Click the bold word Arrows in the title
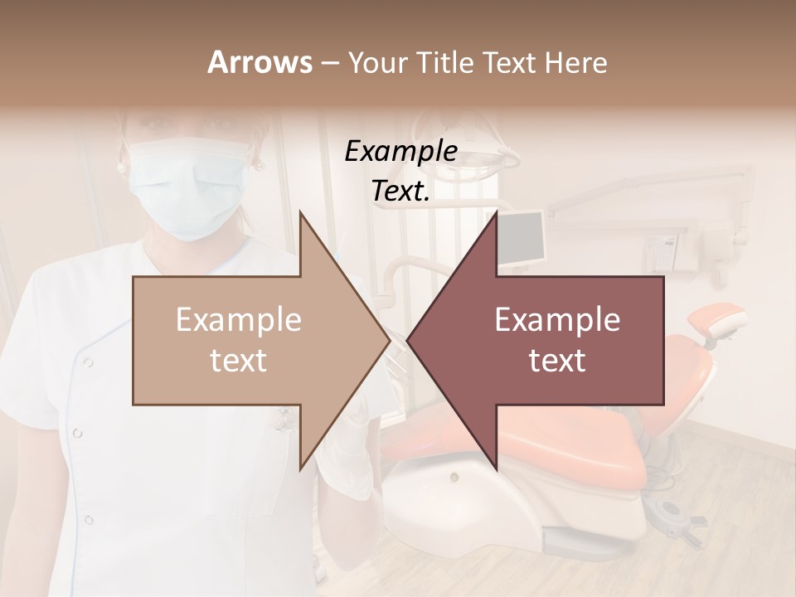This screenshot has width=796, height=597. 260,62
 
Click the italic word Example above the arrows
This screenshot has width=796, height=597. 400,151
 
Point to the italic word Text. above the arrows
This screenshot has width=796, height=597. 400,191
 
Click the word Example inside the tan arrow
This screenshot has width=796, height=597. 239,320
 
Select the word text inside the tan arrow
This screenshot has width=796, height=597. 239,361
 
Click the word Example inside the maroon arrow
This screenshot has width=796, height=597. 557,320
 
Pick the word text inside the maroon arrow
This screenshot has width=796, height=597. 557,361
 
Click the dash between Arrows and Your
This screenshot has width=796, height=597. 329,63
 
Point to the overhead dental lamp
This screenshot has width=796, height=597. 498,153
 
